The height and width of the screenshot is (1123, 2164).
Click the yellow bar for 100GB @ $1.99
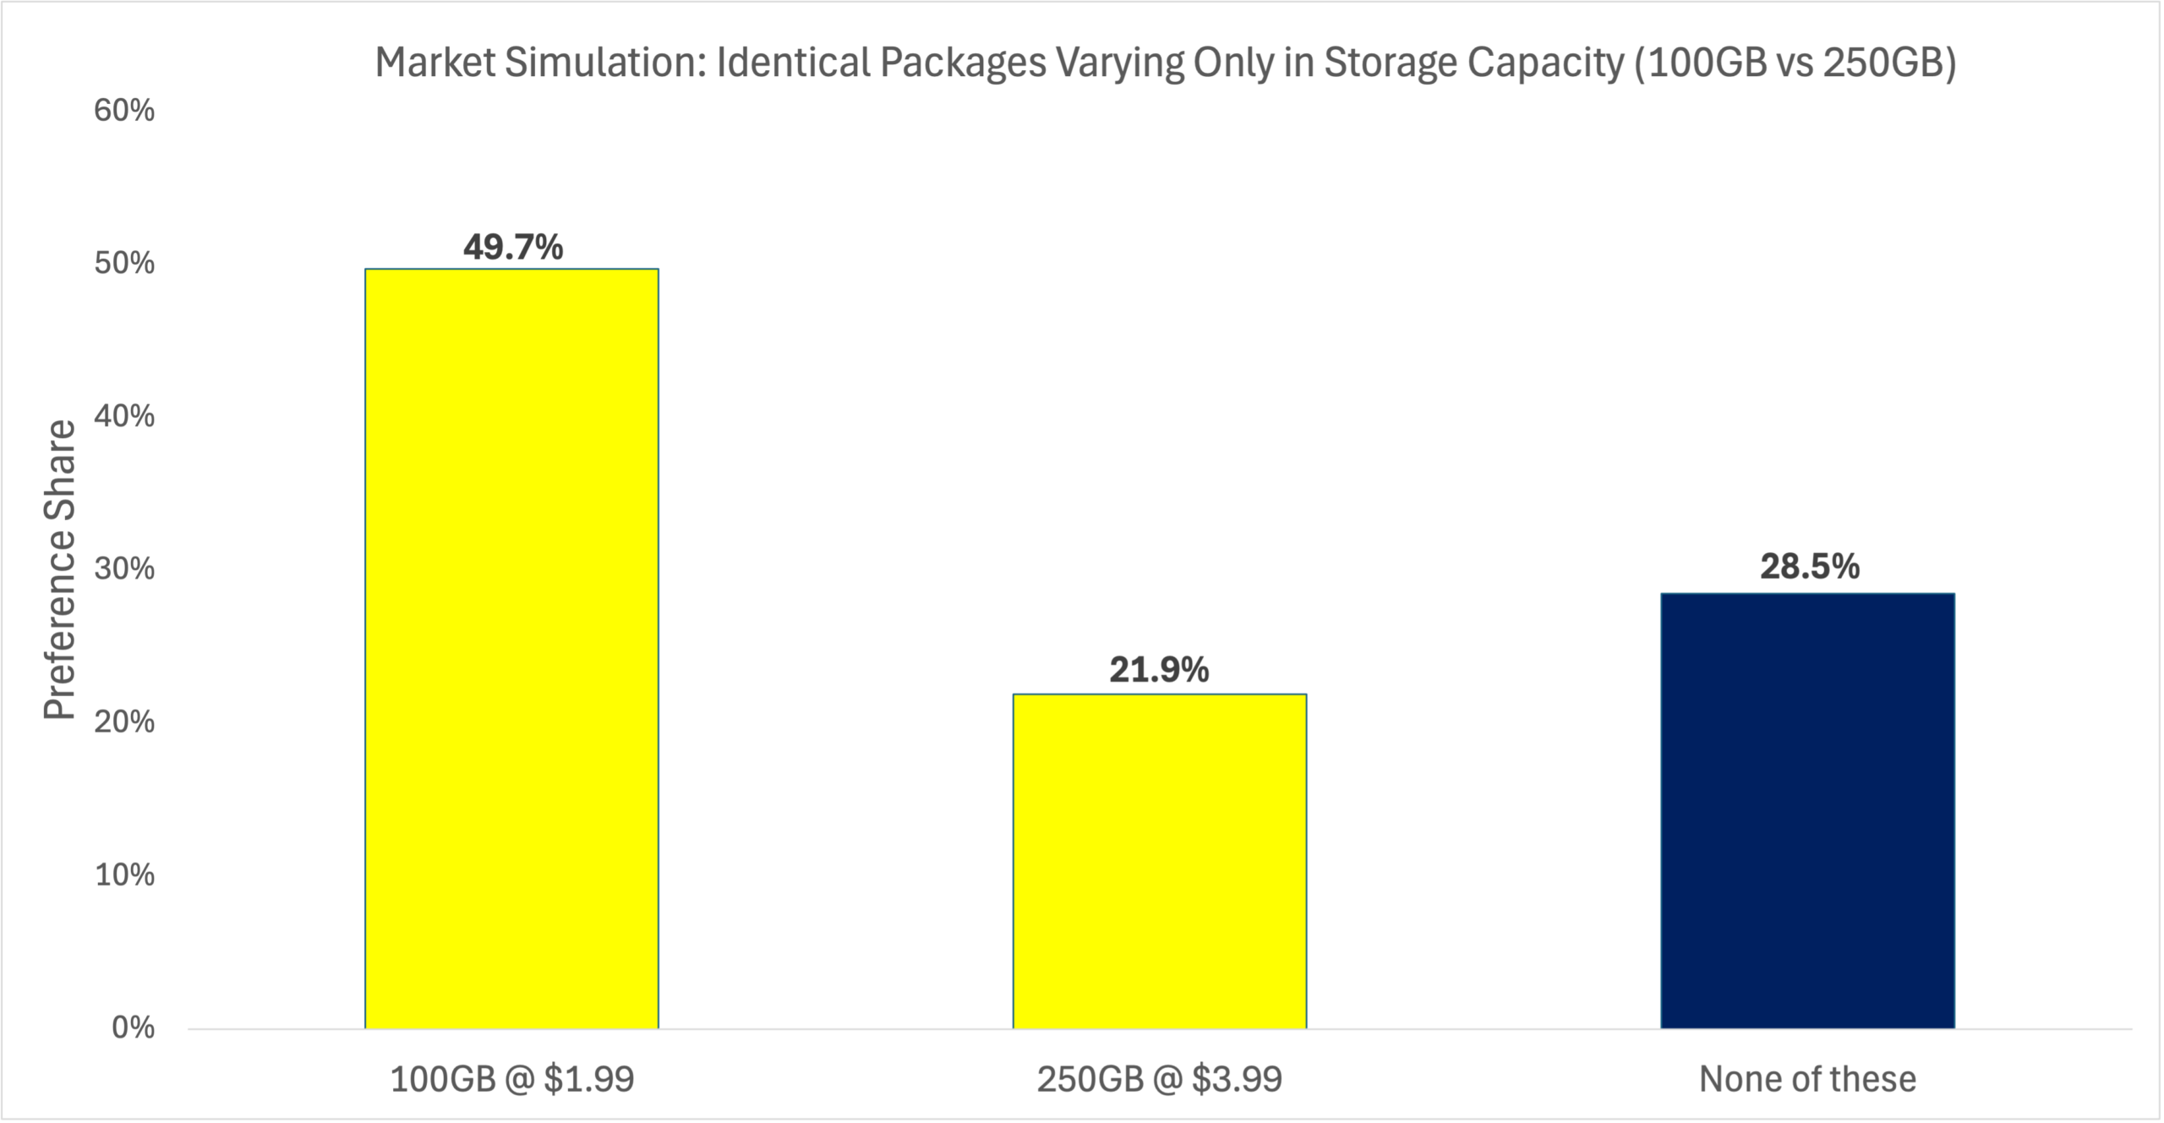(511, 648)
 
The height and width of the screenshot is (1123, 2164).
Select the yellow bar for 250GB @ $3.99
(1159, 861)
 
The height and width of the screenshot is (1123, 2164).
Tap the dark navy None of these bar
(1807, 810)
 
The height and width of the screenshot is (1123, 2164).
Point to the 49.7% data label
(512, 247)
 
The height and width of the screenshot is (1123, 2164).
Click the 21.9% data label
(1159, 671)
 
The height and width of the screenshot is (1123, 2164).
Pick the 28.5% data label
(1809, 567)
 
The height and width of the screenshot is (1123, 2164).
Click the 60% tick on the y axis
(124, 111)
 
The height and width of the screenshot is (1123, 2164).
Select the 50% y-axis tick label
(124, 264)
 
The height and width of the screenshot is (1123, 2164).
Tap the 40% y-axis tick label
(124, 416)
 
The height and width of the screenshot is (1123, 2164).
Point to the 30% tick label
(124, 569)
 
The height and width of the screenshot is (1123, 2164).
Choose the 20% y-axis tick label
(124, 722)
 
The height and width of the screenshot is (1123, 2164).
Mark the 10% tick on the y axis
(124, 874)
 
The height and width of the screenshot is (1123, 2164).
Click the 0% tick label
(133, 1027)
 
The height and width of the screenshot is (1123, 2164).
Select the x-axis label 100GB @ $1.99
(511, 1080)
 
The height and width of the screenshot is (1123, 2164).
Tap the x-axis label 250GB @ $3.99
(1159, 1080)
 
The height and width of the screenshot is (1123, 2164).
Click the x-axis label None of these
(1807, 1080)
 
